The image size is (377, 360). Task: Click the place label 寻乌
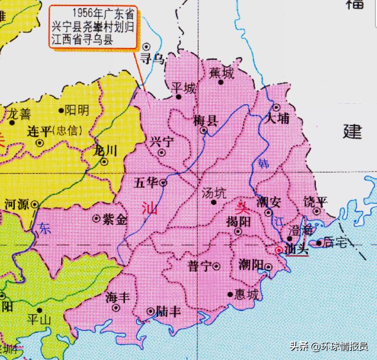tap(153, 58)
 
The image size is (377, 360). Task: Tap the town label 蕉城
tap(221, 73)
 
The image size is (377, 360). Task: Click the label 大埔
tap(277, 118)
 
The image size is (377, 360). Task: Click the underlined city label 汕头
tap(297, 250)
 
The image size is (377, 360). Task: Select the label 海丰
tap(117, 297)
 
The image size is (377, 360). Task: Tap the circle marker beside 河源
tap(35, 205)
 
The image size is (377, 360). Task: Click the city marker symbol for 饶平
tap(317, 211)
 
